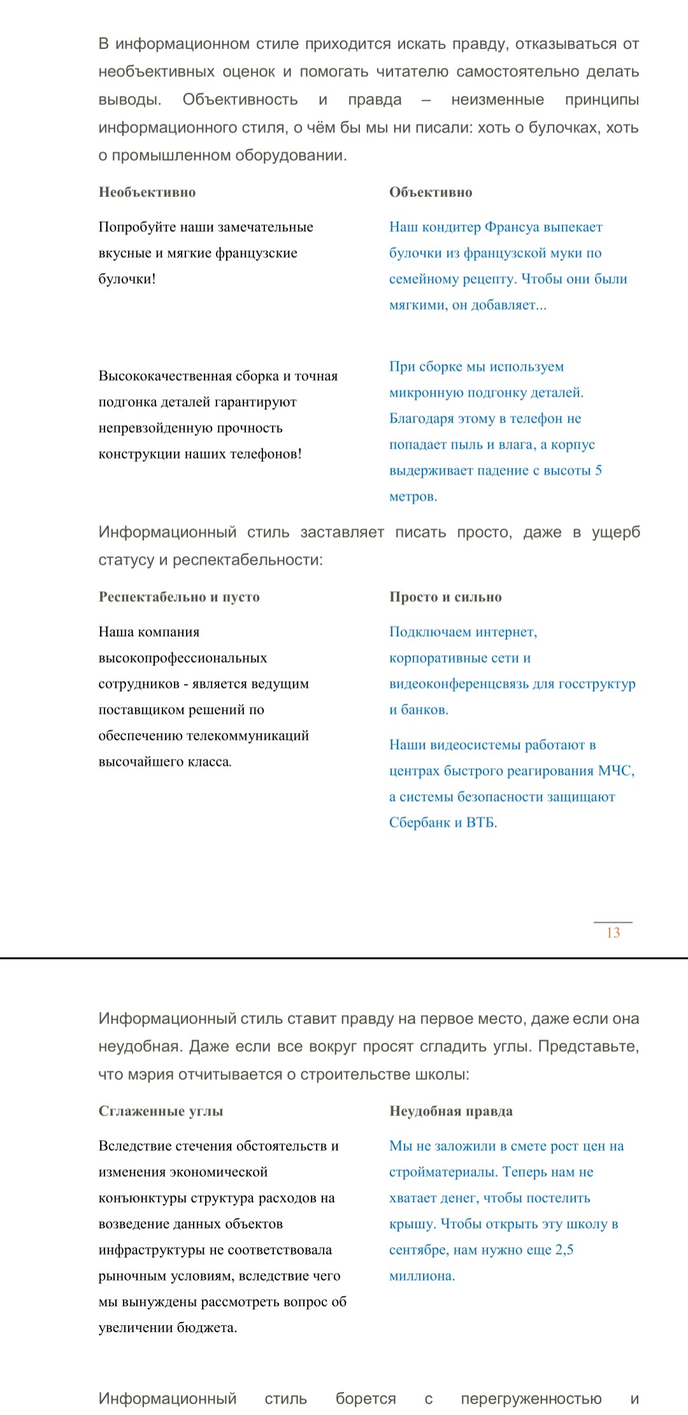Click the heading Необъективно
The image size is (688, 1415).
click(147, 192)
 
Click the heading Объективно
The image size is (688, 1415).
click(431, 192)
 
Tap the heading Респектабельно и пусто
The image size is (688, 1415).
click(179, 597)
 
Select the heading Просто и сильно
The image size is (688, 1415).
click(445, 597)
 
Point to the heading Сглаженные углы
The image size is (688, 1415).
click(161, 1111)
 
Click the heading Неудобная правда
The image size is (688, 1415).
click(451, 1111)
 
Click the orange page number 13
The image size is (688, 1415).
click(613, 933)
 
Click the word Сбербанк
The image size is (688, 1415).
click(418, 822)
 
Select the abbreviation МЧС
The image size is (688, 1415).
click(616, 771)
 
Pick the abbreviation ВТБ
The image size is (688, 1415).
click(481, 822)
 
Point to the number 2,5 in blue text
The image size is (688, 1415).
click(564, 1250)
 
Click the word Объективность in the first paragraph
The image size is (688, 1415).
click(240, 100)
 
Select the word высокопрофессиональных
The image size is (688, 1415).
click(183, 658)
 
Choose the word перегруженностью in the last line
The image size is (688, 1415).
click(531, 1399)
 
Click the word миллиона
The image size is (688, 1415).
click(422, 1276)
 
